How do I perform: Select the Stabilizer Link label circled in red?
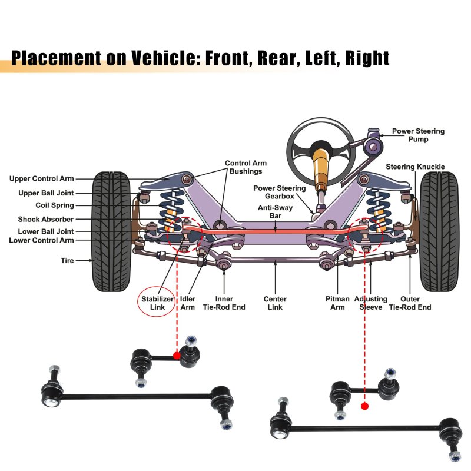tap(157, 303)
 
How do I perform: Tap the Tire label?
tap(67, 260)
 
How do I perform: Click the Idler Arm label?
tap(188, 303)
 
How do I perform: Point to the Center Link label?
tap(275, 303)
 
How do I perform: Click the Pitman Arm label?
tap(337, 303)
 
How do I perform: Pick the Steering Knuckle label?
tap(416, 167)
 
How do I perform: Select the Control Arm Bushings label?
tap(246, 167)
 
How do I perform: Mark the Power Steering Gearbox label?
tap(280, 193)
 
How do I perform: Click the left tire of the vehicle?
tap(112, 231)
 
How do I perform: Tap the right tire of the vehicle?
tap(438, 231)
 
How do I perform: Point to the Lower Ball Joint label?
tap(46, 231)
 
